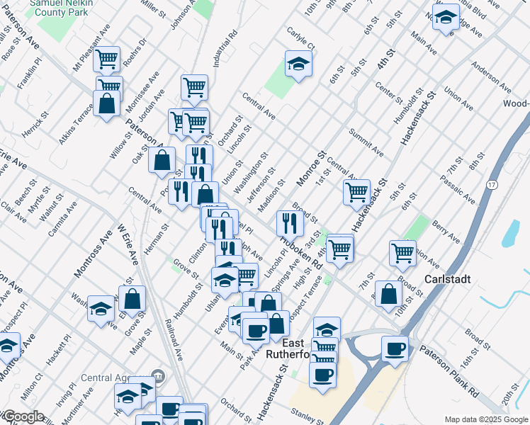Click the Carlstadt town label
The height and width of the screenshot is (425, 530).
click(448, 279)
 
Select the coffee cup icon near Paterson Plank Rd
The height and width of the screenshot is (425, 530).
click(395, 348)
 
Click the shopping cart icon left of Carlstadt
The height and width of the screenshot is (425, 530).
click(402, 251)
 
